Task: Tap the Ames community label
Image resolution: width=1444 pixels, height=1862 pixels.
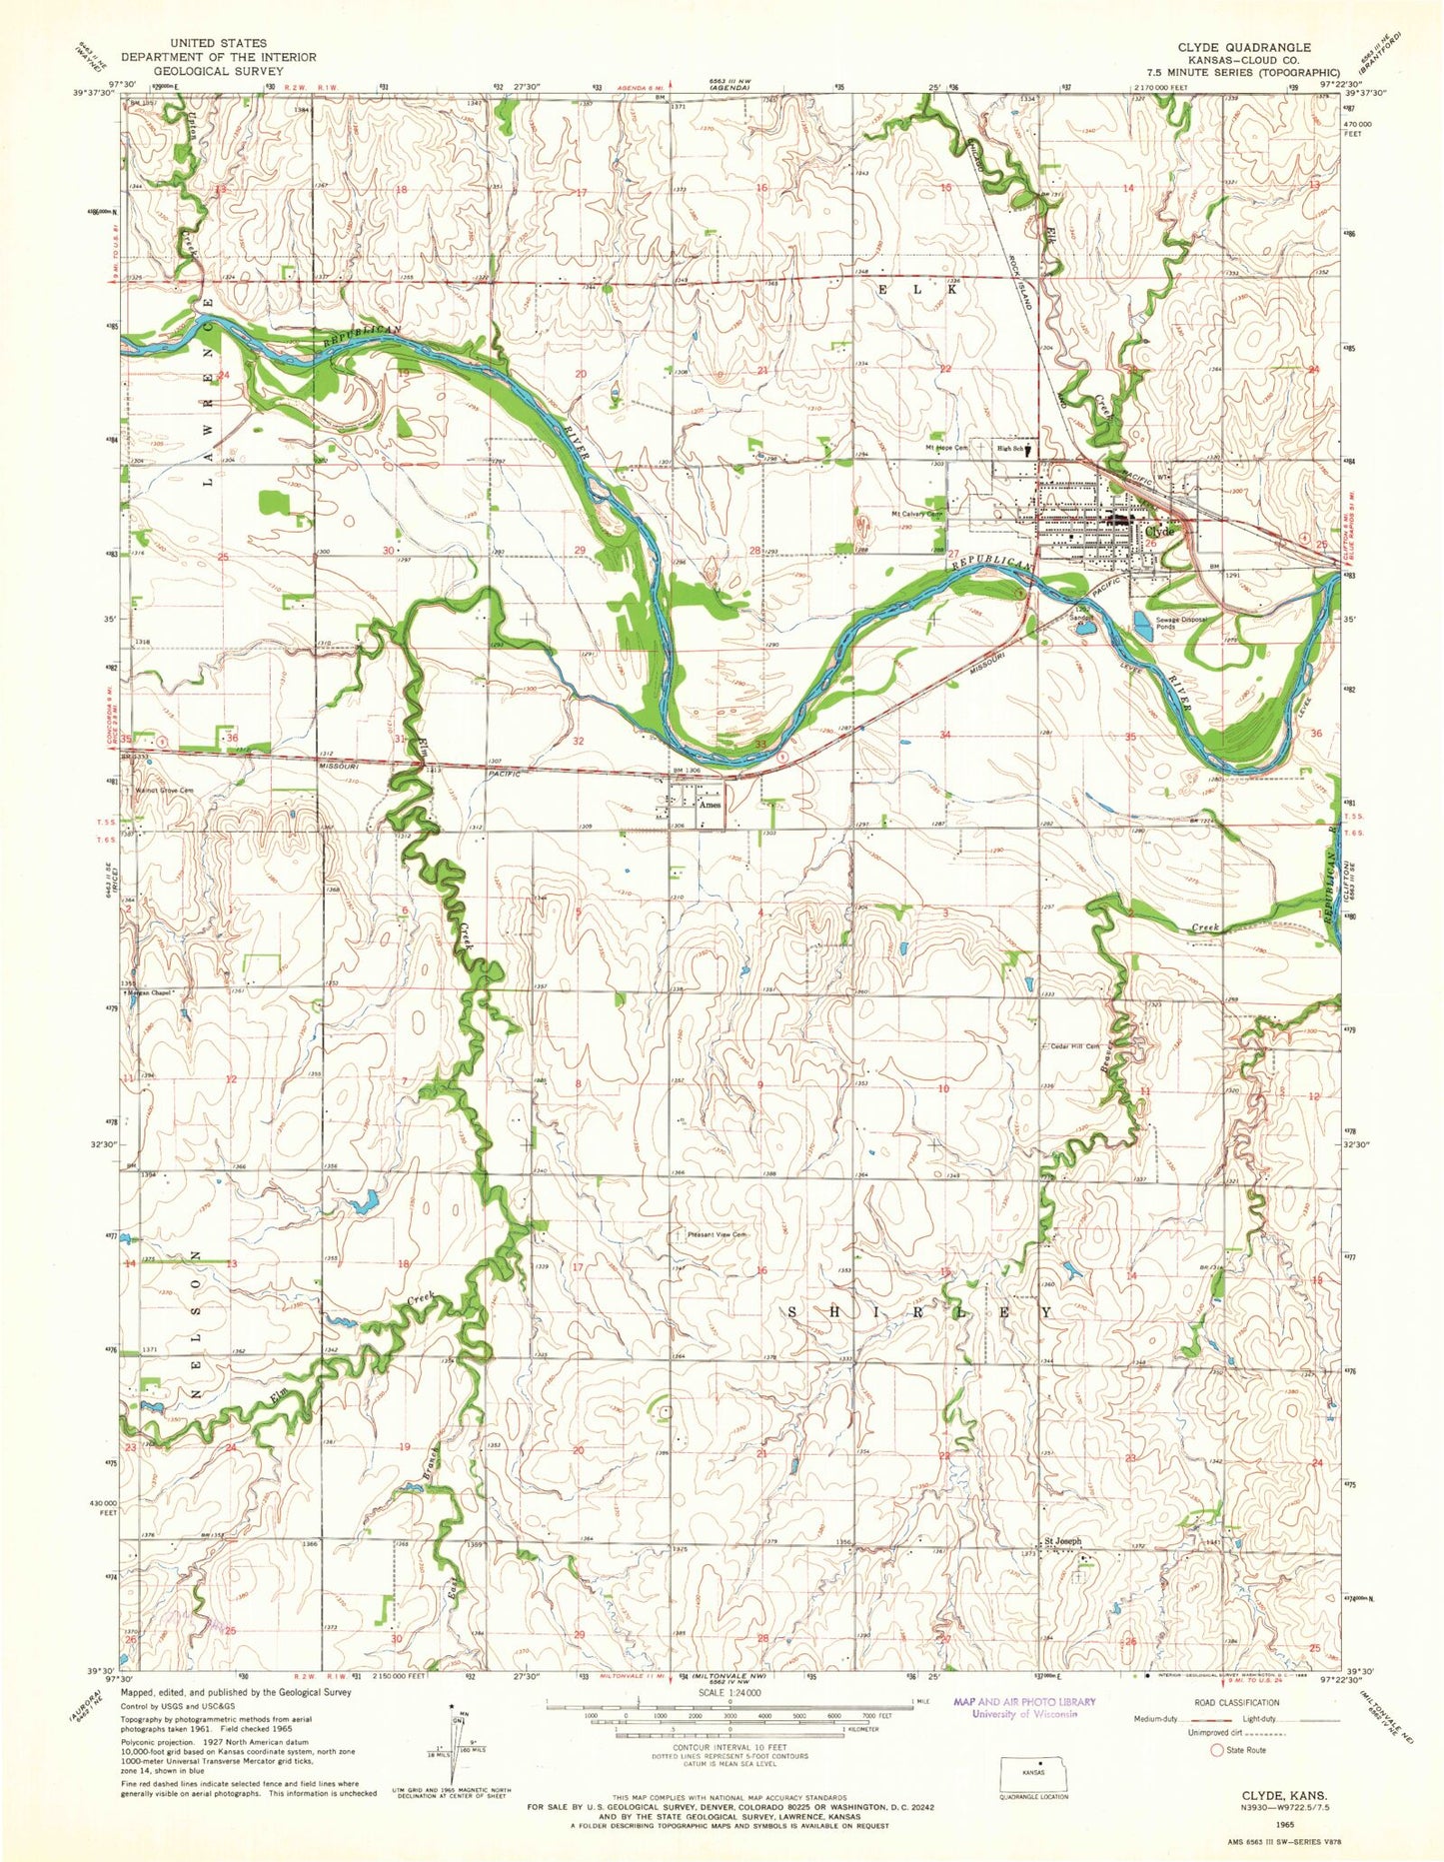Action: click(711, 805)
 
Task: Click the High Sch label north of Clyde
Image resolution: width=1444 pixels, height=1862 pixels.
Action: click(1011, 449)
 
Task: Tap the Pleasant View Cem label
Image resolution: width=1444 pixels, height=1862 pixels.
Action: click(717, 1234)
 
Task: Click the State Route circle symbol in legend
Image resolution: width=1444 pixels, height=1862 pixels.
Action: click(1216, 1750)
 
